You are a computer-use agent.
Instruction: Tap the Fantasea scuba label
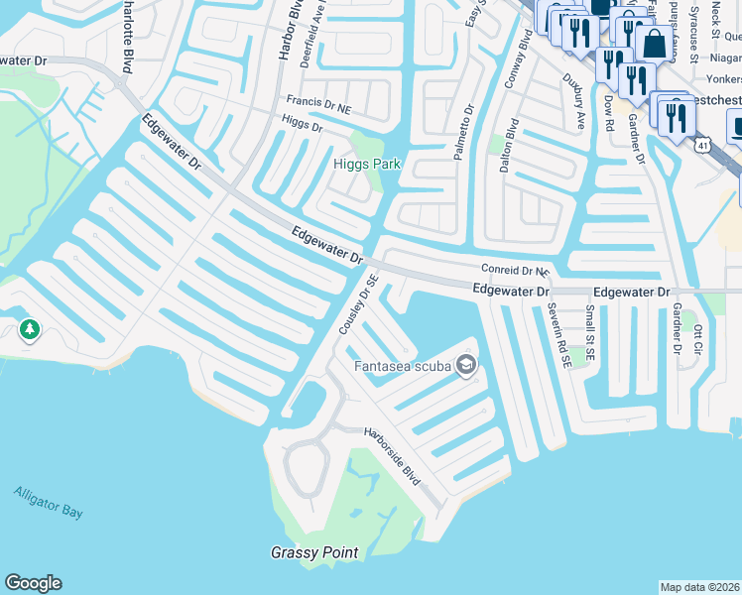point(404,367)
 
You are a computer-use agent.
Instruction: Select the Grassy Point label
point(314,552)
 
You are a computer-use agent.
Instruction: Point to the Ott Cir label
point(698,340)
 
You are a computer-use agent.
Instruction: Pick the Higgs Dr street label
point(303,126)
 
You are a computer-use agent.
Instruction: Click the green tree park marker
point(29,329)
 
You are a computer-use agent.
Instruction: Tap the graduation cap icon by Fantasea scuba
point(466,367)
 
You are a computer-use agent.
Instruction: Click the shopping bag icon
point(655,44)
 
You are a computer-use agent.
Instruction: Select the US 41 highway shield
point(701,145)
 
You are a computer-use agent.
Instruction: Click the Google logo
point(33,583)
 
